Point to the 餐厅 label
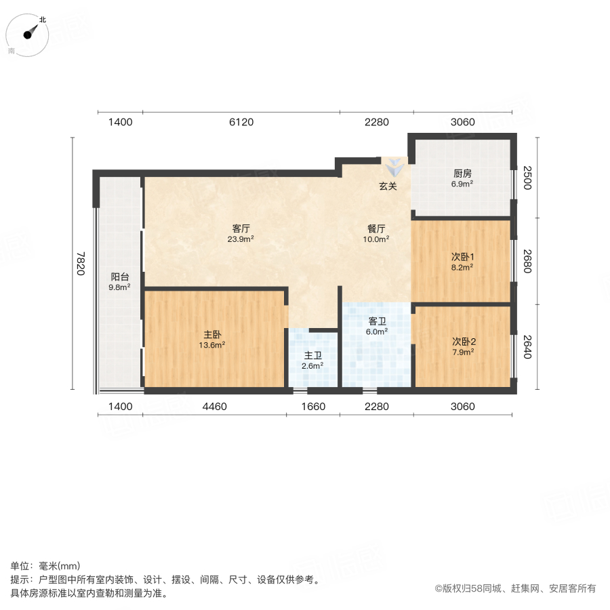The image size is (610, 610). point(377,228)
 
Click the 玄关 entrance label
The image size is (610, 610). point(388,186)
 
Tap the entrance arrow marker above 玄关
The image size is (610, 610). point(393,167)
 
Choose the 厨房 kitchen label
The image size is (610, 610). point(462,173)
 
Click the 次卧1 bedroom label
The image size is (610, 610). point(463,257)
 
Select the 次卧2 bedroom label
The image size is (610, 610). point(463,341)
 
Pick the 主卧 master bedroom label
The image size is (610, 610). point(212,334)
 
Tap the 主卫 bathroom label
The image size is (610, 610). point(312,355)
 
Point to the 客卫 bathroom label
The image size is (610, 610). point(378,321)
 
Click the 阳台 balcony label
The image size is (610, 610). point(120,277)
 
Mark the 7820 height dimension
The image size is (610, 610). point(81,264)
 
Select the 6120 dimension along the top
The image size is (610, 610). point(241,122)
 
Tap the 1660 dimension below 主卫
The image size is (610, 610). point(313,407)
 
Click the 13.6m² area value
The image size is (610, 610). point(212,345)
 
